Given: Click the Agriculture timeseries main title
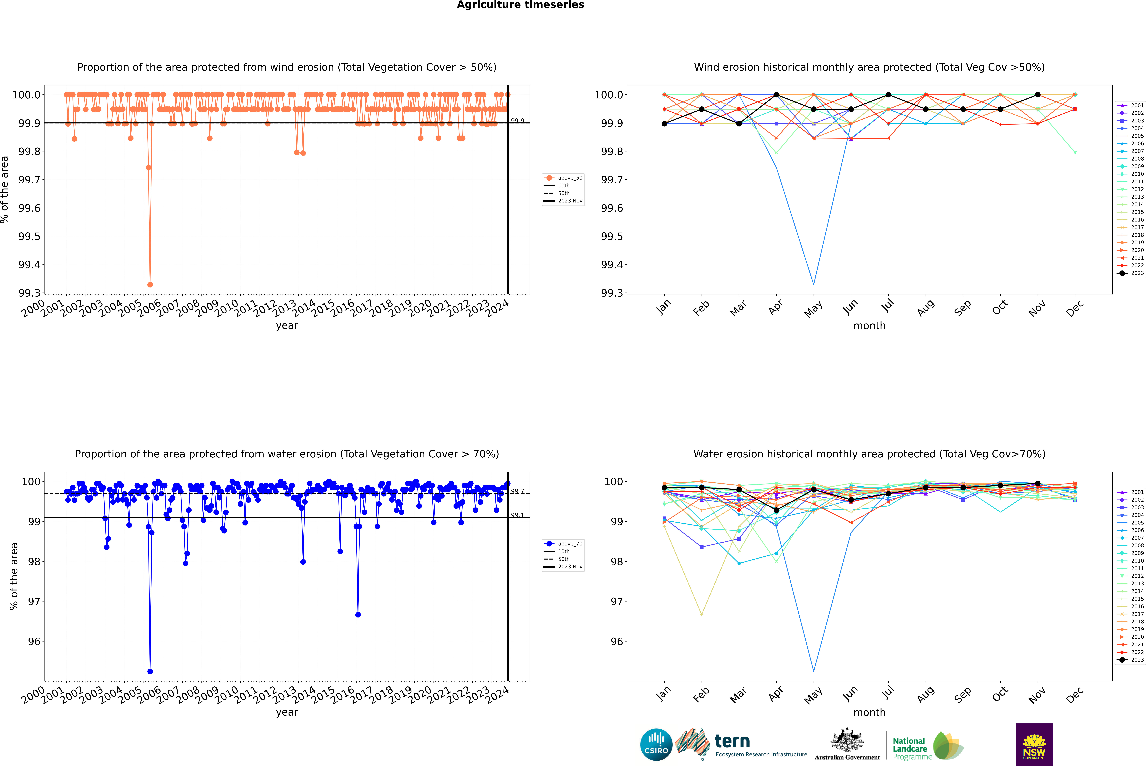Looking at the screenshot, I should point(520,5).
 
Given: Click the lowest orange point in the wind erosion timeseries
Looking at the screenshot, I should point(150,284).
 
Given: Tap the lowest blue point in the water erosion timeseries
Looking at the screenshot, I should point(150,671).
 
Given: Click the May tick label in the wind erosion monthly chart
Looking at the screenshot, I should point(813,309).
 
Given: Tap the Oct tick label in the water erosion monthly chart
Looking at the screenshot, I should point(999,694).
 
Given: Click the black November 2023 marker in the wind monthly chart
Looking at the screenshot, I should point(1037,95).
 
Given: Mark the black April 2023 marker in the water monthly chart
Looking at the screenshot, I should point(776,510).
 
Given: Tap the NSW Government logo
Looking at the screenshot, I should point(1034,745).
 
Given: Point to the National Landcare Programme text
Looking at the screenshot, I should point(910,748).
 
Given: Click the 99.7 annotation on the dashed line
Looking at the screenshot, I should point(517,492).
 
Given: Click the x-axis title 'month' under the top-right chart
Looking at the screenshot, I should point(869,326).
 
